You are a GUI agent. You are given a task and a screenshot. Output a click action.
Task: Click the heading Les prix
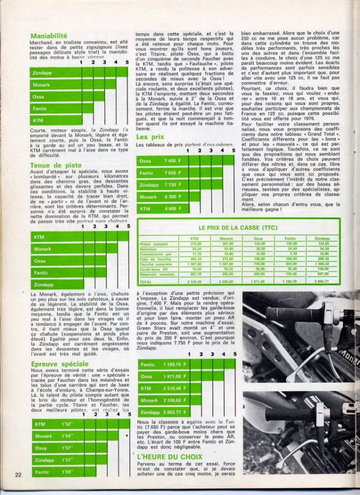150,137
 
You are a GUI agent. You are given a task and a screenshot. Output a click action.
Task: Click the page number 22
19,474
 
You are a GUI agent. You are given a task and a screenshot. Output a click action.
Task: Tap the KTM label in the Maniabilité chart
38,120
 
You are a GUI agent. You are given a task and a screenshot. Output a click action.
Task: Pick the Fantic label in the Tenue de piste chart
41,273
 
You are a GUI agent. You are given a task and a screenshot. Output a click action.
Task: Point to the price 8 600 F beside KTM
172,209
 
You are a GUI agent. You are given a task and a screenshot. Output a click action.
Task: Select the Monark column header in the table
226,239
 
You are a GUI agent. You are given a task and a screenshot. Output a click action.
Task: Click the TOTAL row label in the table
146,282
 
